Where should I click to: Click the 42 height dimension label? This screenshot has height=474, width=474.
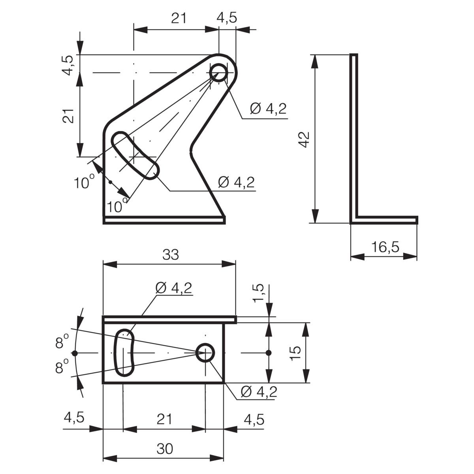pyautogui.click(x=305, y=139)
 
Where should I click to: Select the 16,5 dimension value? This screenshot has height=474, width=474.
pyautogui.click(x=385, y=247)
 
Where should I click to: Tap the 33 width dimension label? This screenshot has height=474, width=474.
pyautogui.click(x=171, y=255)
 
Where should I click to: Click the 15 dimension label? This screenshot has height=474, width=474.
pyautogui.click(x=295, y=354)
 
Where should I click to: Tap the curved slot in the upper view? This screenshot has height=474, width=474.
pyautogui.click(x=135, y=156)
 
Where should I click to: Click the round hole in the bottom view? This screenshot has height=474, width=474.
pyautogui.click(x=205, y=353)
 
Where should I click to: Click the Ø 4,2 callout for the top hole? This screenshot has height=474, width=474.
pyautogui.click(x=268, y=109)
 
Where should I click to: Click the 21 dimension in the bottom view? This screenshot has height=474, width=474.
pyautogui.click(x=164, y=419)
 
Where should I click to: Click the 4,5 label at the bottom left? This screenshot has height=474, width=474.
pyautogui.click(x=74, y=418)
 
